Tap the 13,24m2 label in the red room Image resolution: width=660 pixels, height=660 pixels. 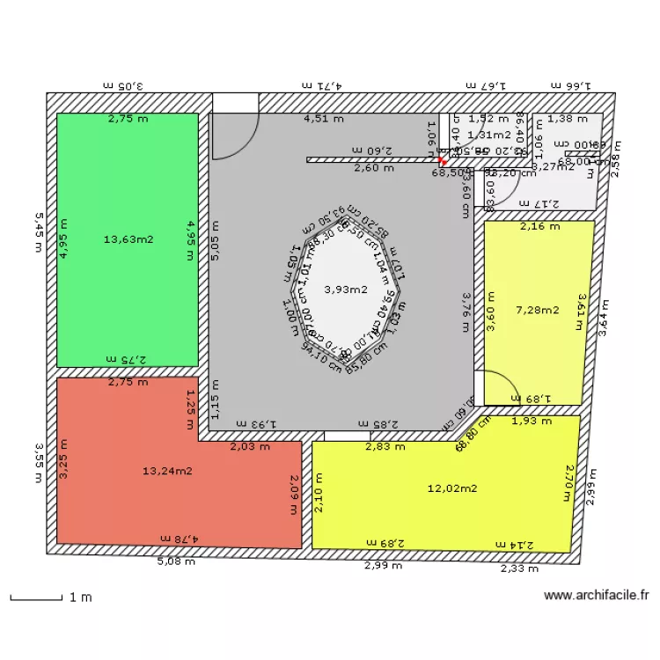[167, 470]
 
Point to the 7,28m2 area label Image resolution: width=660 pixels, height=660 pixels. [538, 309]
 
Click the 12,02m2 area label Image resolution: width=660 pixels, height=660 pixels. [452, 488]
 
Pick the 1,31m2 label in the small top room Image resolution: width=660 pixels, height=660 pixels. [489, 135]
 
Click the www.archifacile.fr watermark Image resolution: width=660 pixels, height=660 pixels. [597, 596]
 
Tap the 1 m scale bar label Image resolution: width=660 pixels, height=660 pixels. [80, 598]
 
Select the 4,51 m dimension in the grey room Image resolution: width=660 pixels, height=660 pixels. [324, 118]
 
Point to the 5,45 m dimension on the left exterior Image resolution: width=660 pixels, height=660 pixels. [38, 231]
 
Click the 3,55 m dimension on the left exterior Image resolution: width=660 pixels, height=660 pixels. [38, 462]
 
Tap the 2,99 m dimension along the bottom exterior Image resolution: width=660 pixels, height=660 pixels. [383, 566]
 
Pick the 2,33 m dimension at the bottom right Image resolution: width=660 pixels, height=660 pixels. [519, 569]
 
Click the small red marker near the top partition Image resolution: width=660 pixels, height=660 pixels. [443, 162]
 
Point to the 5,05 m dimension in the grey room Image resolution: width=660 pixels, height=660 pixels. [215, 240]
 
